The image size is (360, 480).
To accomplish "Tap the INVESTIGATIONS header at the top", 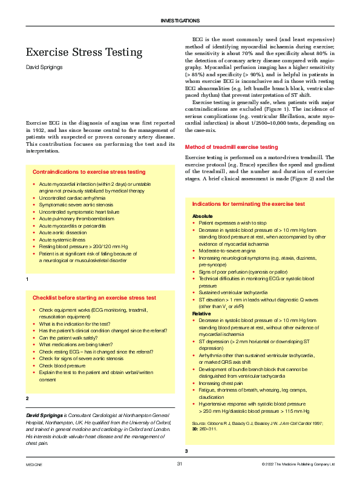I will point(180,21).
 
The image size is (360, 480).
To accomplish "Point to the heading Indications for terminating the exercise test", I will point(257,204).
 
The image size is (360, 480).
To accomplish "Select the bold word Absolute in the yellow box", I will point(203,216).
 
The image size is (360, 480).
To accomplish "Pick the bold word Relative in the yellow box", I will point(201,314).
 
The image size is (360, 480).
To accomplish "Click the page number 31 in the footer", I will point(180,464).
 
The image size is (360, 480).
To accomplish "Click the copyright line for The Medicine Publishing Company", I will point(298,464).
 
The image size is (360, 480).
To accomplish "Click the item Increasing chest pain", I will point(224,383).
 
